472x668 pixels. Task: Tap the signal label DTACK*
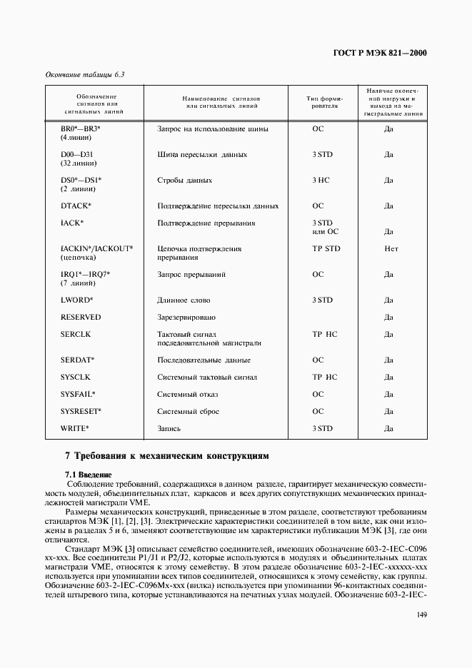[76, 206]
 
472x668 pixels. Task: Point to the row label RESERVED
[81, 317]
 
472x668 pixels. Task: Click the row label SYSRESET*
[81, 411]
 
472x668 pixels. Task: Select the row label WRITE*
[75, 428]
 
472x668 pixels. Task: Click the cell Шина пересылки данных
[202, 154]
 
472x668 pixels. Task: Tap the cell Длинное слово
[184, 300]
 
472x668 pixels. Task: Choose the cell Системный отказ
[188, 394]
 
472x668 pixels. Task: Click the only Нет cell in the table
[391, 249]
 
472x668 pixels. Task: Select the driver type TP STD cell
[326, 249]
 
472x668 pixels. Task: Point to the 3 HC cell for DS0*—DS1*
[321, 181]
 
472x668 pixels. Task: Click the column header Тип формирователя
[326, 101]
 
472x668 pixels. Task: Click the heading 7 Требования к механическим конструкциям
[167, 455]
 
